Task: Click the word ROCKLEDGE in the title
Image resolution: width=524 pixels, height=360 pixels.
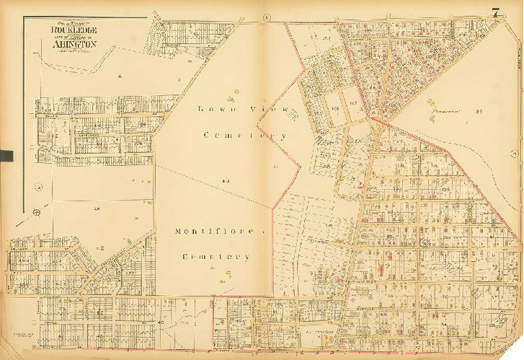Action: click(74, 30)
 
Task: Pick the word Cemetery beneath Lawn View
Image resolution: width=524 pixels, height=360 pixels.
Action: click(245, 135)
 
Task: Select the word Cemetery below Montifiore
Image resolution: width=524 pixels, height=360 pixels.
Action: click(216, 257)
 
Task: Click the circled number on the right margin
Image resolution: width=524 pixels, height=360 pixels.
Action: click(515, 154)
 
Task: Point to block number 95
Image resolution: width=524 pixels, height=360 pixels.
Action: click(478, 111)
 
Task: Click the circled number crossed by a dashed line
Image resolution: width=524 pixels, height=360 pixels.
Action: click(35, 213)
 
